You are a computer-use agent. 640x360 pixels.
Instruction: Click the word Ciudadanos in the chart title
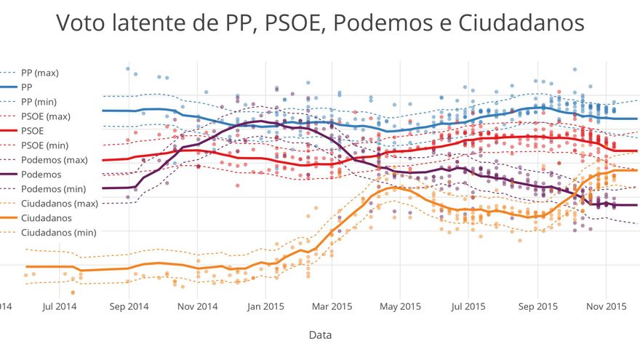click(521, 23)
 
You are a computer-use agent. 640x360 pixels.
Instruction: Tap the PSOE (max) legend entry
click(46, 116)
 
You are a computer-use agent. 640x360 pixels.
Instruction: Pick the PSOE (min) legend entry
click(45, 145)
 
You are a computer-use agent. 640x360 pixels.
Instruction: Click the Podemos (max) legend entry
click(55, 160)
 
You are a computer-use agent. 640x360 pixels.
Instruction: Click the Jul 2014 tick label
click(60, 306)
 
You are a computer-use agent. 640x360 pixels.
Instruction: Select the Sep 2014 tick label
click(129, 306)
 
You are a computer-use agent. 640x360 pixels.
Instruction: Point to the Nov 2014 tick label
click(197, 306)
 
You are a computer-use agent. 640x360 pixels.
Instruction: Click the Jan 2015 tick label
click(265, 306)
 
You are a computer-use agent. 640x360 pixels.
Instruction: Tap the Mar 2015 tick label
click(332, 306)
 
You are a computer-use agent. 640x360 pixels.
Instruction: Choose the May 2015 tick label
click(400, 306)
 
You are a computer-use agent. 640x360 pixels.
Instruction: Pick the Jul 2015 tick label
click(468, 306)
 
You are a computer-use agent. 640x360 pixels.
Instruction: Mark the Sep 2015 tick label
click(537, 306)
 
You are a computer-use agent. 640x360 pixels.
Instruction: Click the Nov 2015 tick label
click(606, 306)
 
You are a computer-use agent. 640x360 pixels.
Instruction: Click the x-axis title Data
click(320, 335)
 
